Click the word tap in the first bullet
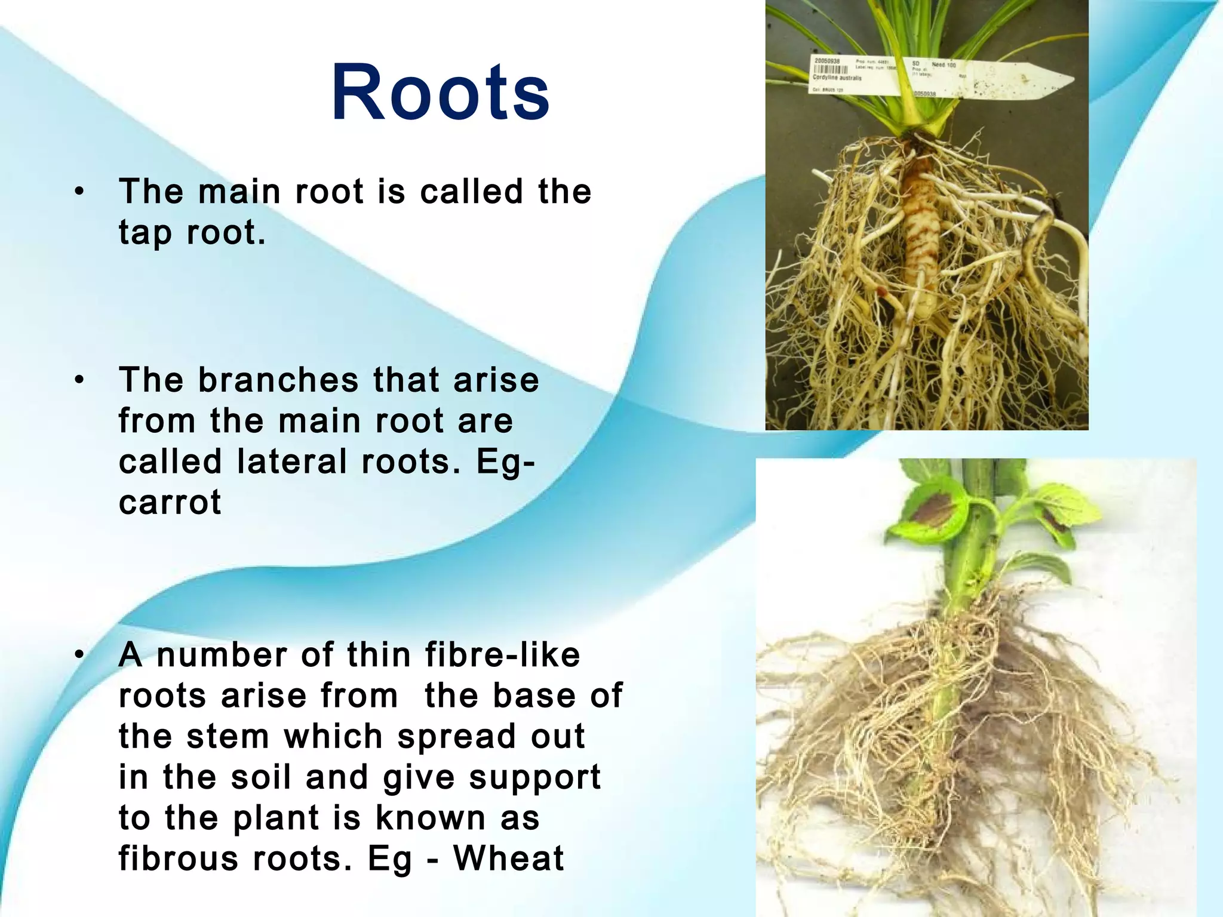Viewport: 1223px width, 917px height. [x=145, y=233]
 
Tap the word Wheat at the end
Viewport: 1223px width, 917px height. [x=508, y=858]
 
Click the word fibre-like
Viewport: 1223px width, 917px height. [x=502, y=655]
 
